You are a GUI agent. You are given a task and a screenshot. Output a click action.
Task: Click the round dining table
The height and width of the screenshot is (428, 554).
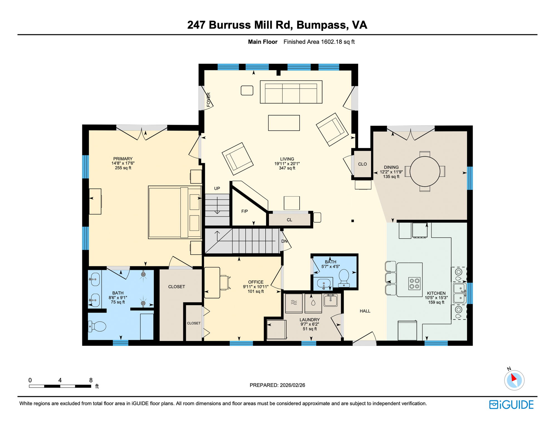pos(425,171)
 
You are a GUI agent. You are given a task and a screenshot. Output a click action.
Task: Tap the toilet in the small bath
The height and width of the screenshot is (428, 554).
pos(344,277)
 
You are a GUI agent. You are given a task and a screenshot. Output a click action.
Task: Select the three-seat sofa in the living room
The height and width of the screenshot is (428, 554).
pos(291,92)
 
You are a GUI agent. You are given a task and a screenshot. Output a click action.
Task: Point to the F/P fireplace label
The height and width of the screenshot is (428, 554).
pos(244,211)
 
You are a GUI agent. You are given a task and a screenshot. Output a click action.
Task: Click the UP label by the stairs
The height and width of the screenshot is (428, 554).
pos(217,189)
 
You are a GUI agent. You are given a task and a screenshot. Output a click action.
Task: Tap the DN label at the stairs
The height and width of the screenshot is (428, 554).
pos(284,241)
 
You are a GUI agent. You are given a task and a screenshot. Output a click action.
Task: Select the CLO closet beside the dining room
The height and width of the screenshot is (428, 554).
pos(362,164)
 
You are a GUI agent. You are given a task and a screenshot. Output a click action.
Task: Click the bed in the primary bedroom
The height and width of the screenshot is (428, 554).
pos(175,212)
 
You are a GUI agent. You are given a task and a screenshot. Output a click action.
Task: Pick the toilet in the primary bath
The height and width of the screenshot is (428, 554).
pos(97,326)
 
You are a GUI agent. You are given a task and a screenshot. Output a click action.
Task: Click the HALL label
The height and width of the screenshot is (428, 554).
pos(365,311)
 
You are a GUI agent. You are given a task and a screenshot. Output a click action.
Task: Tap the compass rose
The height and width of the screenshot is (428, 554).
pos(514,380)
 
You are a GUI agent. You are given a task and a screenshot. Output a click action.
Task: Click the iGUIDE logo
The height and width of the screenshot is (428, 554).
pos(511,405)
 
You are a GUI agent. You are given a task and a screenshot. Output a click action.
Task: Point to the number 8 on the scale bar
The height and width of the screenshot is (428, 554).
pos(91,380)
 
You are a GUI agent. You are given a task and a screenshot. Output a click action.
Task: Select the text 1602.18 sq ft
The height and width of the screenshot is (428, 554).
pos(338,42)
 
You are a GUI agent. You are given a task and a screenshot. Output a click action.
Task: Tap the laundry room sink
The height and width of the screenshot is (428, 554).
pos(330,300)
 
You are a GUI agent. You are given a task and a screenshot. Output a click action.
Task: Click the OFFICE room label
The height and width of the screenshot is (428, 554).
pos(256,282)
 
